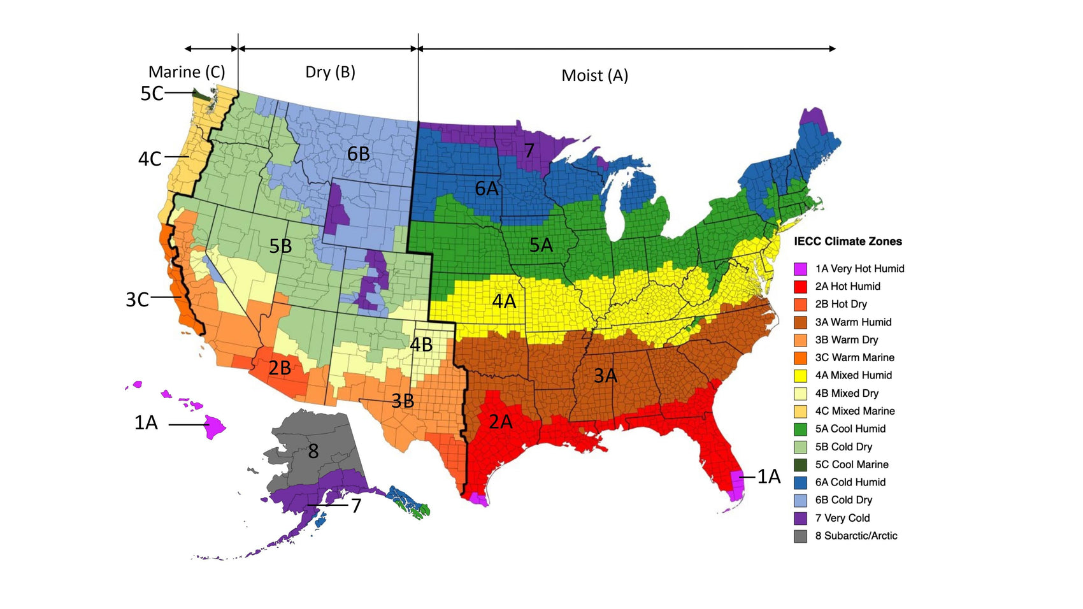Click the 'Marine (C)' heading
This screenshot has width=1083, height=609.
click(x=187, y=72)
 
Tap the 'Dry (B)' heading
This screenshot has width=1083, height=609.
click(x=330, y=72)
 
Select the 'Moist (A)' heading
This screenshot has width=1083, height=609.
click(x=594, y=76)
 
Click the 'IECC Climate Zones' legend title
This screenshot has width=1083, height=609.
click(x=847, y=241)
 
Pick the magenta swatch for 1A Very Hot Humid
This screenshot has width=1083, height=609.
click(x=800, y=269)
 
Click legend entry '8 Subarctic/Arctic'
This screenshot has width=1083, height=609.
click(x=856, y=536)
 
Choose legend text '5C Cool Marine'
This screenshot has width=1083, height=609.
click(x=851, y=464)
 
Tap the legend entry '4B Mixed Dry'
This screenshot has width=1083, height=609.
click(x=846, y=393)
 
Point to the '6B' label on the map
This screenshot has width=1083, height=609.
click(x=359, y=154)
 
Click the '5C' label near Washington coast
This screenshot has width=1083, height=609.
click(x=152, y=94)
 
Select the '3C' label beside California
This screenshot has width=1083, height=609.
click(x=137, y=299)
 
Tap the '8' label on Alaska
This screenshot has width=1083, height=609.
click(x=313, y=452)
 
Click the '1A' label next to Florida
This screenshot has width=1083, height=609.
click(x=768, y=476)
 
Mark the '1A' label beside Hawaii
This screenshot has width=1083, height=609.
click(x=146, y=422)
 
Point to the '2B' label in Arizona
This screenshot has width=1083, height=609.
click(x=280, y=368)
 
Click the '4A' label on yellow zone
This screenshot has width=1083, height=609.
click(x=504, y=301)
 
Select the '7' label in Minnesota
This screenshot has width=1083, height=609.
click(x=529, y=151)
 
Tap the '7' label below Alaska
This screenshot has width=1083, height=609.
click(x=356, y=506)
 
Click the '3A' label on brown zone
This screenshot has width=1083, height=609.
click(x=605, y=376)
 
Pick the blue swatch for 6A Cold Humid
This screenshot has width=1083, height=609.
click(x=800, y=482)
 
